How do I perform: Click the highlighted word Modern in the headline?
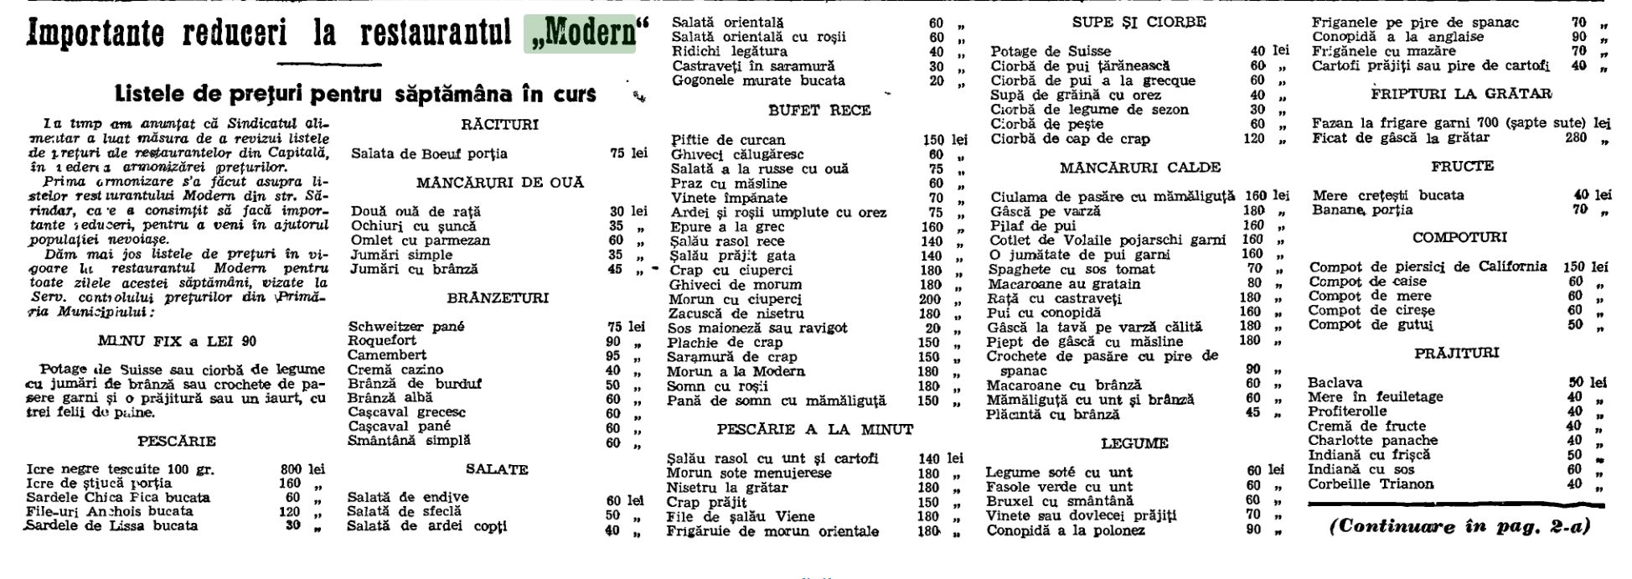583,34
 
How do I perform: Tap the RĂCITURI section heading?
499,125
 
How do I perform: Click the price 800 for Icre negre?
291,469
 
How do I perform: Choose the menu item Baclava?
1335,382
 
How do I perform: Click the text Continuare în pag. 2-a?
1459,527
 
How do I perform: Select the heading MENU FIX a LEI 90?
177,341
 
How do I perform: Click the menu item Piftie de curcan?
728,140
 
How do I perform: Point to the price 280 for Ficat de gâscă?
1576,137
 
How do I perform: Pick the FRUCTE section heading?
1462,166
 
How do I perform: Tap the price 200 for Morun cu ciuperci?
929,299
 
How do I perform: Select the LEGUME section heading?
1134,443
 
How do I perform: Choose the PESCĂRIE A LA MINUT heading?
814,429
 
